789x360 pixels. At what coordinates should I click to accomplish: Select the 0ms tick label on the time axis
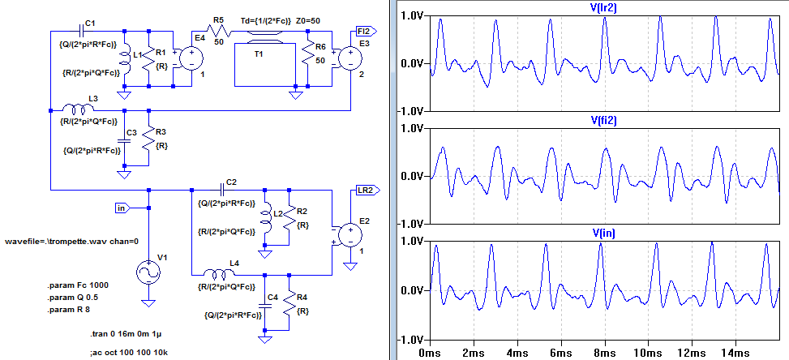pos(429,353)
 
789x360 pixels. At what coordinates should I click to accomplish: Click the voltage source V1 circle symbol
pos(148,272)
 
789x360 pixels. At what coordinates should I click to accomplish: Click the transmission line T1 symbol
pos(259,45)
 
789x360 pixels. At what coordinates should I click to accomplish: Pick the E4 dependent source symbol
pos(191,59)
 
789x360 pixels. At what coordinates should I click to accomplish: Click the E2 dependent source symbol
pos(350,235)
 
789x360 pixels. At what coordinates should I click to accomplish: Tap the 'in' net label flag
pos(122,208)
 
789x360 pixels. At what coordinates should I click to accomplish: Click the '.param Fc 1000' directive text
pos(78,285)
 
